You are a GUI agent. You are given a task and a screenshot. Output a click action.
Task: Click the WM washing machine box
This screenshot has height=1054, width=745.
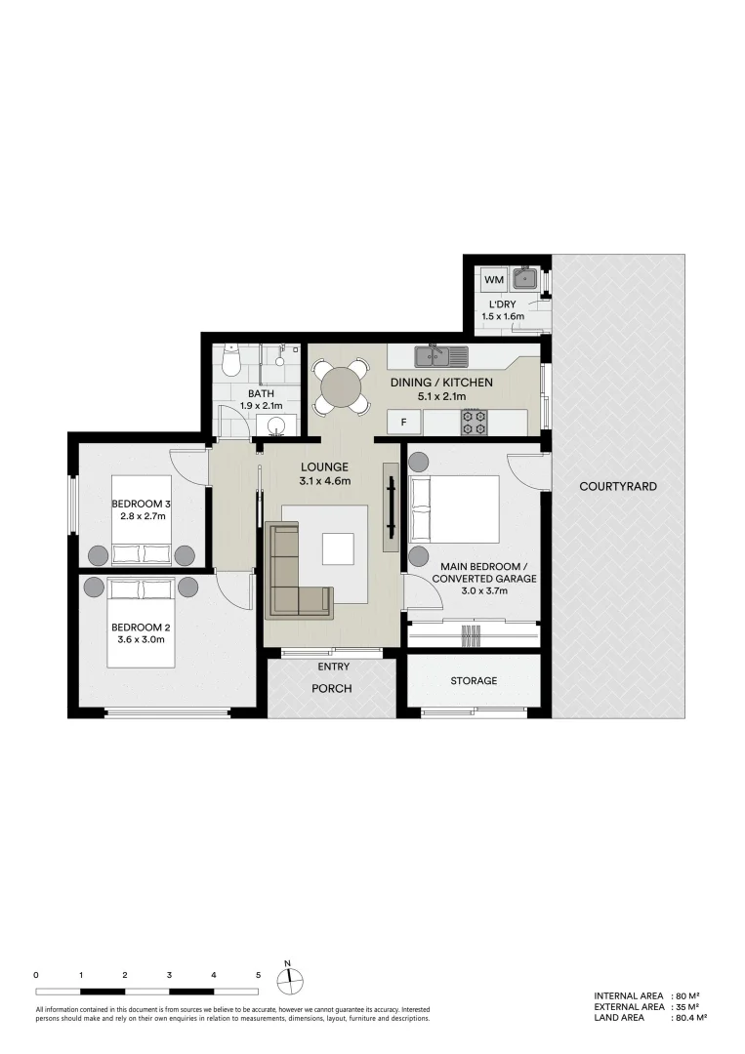tap(493, 280)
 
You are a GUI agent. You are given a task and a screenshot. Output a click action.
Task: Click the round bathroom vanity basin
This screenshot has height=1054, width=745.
tap(276, 426)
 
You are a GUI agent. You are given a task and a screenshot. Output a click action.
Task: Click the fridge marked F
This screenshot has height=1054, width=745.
tap(404, 423)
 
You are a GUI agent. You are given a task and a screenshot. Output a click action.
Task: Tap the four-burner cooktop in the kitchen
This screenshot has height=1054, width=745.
tap(474, 423)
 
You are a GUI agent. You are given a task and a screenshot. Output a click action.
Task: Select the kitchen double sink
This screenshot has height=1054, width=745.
tap(440, 353)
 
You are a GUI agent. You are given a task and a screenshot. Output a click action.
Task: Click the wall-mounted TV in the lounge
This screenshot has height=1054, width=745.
tap(391, 507)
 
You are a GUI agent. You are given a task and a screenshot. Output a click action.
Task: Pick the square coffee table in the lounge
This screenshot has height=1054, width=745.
tap(338, 548)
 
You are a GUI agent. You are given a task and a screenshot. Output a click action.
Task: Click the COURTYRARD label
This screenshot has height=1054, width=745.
tap(618, 486)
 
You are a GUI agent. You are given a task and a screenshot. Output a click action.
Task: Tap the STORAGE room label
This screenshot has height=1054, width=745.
tap(474, 681)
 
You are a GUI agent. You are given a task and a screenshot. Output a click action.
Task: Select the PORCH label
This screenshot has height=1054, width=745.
tap(331, 688)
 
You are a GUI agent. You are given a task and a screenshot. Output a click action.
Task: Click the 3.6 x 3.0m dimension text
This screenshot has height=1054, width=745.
tap(142, 639)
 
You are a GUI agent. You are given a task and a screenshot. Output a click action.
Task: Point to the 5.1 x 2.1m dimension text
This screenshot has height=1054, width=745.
tap(441, 396)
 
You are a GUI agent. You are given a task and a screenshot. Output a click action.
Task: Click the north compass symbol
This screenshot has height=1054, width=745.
tap(289, 983)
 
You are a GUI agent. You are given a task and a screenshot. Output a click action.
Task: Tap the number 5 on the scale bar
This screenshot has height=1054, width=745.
tap(258, 975)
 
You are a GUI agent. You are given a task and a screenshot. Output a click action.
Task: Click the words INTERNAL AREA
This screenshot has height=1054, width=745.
tap(629, 996)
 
